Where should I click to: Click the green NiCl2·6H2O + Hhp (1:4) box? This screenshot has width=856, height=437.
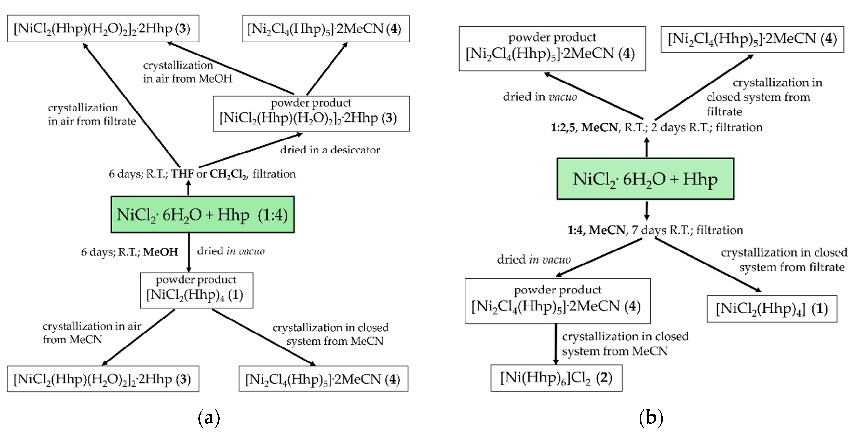click(x=202, y=215)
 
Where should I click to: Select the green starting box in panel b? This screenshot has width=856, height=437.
click(x=645, y=179)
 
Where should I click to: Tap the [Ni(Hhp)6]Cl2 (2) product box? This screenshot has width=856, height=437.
click(x=556, y=378)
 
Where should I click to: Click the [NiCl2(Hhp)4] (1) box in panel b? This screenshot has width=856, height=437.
click(x=772, y=309)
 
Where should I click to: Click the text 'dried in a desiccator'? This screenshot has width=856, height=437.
click(x=330, y=150)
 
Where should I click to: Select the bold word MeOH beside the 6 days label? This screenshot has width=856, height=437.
click(x=161, y=252)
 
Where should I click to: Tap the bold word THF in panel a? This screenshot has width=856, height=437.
click(x=182, y=174)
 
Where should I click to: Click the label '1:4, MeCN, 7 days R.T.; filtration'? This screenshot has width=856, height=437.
click(x=655, y=230)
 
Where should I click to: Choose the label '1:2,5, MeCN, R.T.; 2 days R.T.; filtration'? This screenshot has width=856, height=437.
click(x=656, y=127)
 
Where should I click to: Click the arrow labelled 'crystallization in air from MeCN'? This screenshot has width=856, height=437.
click(x=138, y=338)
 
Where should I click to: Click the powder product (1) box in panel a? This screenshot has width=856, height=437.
click(x=196, y=290)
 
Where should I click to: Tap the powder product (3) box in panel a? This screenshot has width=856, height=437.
click(x=311, y=114)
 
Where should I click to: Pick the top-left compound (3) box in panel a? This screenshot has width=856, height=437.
click(x=103, y=29)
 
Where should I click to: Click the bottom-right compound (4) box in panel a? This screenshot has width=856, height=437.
click(x=323, y=379)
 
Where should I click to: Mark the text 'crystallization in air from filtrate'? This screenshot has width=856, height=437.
click(x=92, y=114)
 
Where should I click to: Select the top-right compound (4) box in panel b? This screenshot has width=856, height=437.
click(x=752, y=39)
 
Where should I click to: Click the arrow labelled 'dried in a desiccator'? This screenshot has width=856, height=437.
click(x=251, y=150)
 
